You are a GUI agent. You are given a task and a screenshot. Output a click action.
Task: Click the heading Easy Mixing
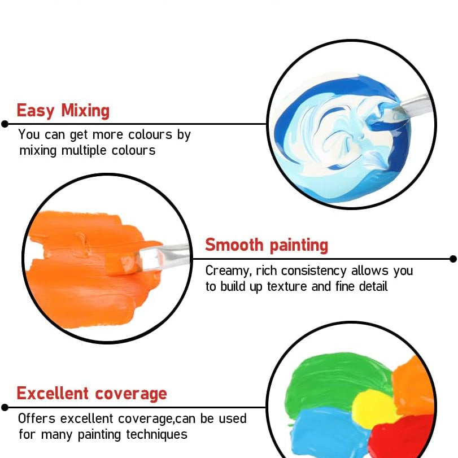pos(63,111)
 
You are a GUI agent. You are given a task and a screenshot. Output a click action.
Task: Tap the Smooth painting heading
pos(267,245)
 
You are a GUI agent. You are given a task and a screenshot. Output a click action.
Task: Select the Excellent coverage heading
pos(91,393)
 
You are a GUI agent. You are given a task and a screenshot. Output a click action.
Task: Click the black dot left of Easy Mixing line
pos(5,124)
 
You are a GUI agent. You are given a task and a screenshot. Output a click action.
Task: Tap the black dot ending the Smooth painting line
pos(453,259)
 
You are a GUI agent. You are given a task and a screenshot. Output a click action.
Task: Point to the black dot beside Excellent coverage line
pos(5,407)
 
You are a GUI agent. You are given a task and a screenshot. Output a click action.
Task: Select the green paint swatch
pos(336,380)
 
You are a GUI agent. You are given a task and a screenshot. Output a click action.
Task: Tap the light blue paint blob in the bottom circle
pos(327,432)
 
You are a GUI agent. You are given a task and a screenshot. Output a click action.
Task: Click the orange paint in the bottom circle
pos(413,386)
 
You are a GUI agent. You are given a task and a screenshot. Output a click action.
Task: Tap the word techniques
pos(156,435)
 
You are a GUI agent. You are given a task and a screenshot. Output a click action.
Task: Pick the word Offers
pos(37,418)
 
